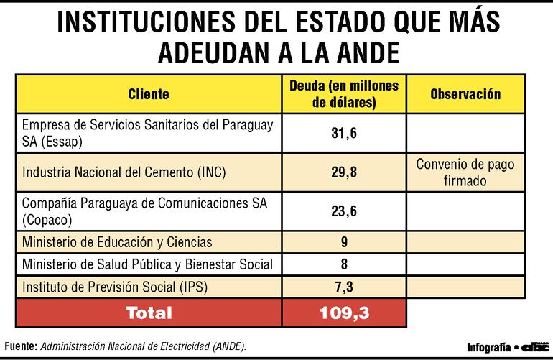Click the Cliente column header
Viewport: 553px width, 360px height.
click(149, 94)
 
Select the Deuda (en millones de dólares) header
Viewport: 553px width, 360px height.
click(344, 94)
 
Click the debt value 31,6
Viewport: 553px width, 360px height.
click(344, 133)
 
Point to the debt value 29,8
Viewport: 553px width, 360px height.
click(344, 172)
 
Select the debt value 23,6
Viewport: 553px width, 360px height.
click(344, 211)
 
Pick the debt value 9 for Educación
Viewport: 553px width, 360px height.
click(344, 242)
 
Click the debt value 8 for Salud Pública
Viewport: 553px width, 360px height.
click(344, 264)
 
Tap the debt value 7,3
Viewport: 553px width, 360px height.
click(344, 287)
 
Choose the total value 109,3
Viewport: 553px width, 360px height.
click(344, 313)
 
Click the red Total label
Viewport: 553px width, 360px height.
click(149, 313)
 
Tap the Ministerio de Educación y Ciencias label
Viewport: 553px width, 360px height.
click(117, 242)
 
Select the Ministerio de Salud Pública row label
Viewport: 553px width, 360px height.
click(147, 264)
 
